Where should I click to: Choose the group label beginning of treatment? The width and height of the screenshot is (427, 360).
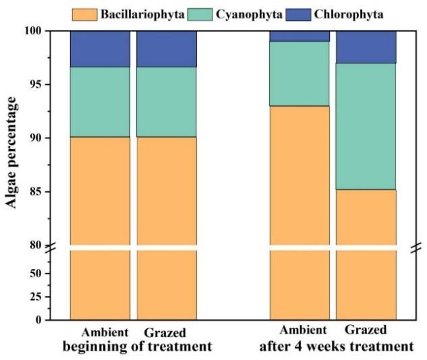pos(138,346)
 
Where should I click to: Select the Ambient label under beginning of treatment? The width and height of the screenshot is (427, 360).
pos(104,332)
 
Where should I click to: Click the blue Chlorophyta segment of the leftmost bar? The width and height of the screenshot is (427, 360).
pos(101,49)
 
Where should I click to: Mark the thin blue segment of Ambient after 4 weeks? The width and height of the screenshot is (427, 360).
pos(300,36)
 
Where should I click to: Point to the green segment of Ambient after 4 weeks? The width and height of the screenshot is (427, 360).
pos(300,73)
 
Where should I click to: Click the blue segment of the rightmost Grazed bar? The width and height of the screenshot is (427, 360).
pos(366,47)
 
